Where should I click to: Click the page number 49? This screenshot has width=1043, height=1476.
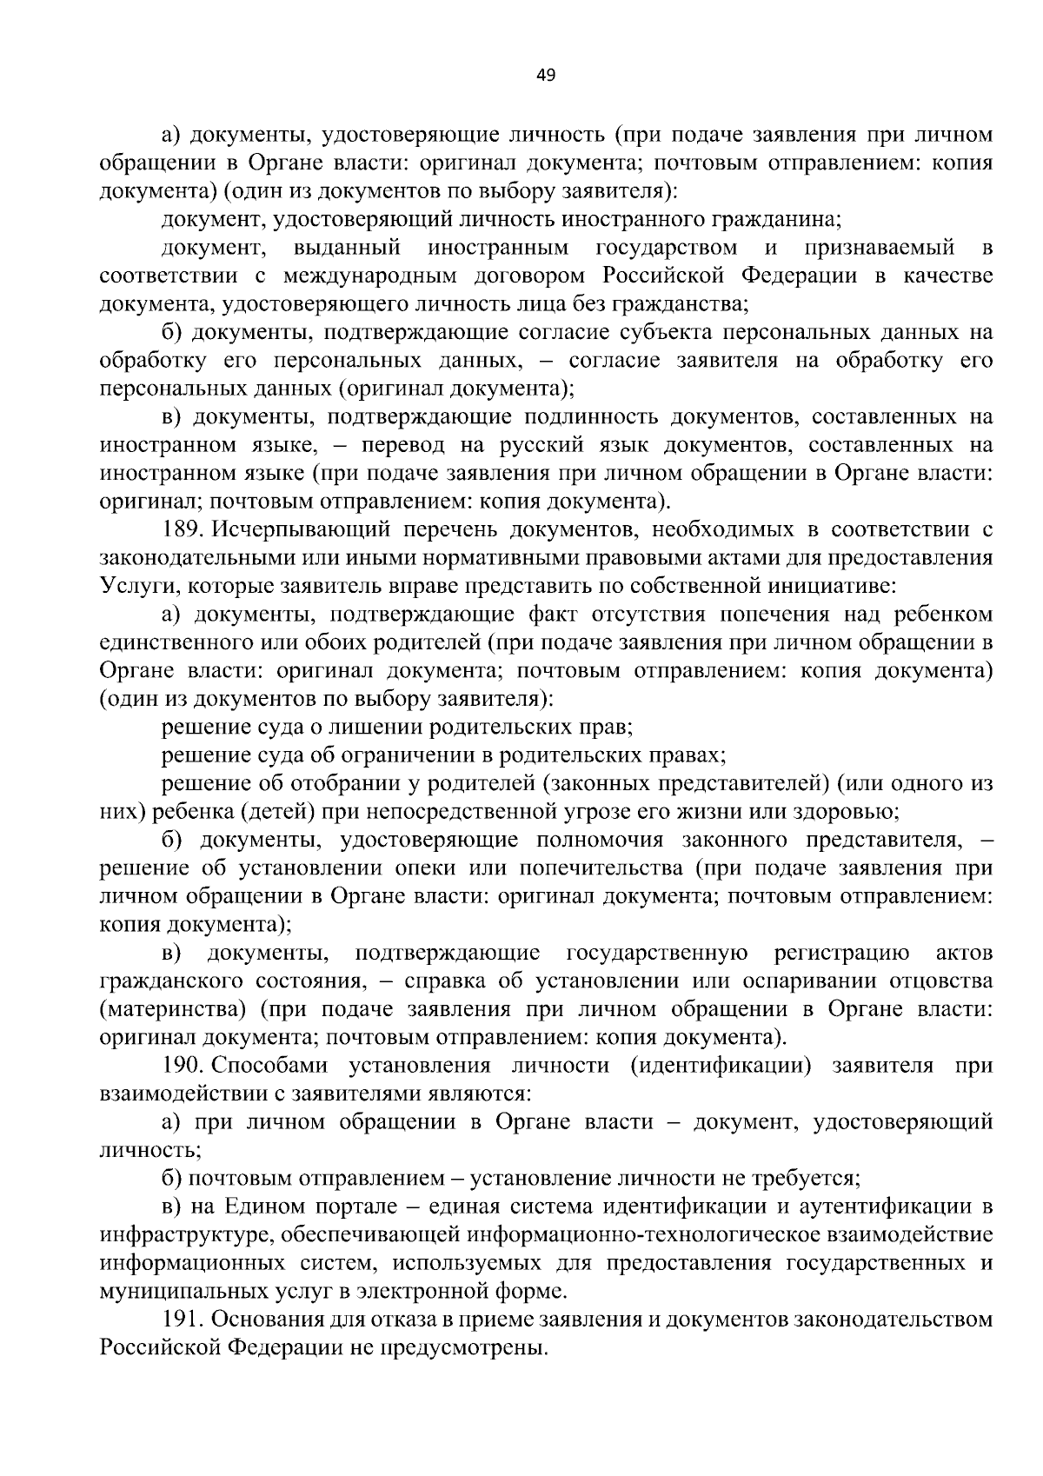[x=546, y=75]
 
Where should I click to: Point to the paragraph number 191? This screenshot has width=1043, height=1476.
[x=181, y=1320]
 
